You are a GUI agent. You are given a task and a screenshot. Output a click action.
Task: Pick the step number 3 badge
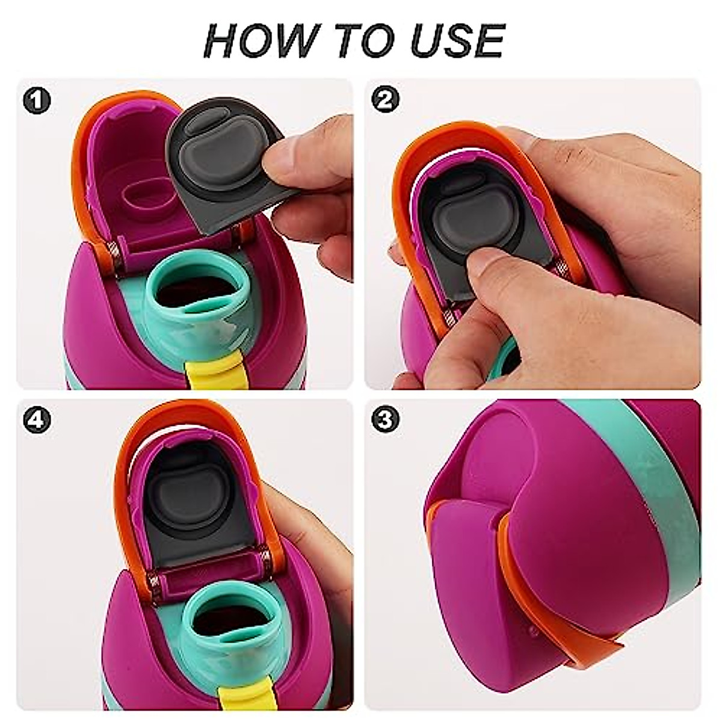pyautogui.click(x=386, y=419)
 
